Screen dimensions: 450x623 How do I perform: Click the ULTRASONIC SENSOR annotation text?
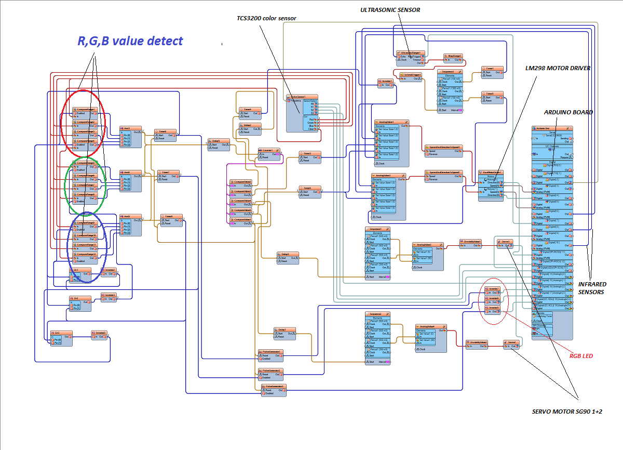390,10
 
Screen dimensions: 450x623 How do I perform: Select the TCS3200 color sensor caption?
266,18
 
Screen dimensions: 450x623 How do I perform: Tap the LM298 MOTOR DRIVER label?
558,68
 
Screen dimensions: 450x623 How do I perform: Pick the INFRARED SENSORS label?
592,288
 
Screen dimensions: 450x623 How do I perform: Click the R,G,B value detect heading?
130,41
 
